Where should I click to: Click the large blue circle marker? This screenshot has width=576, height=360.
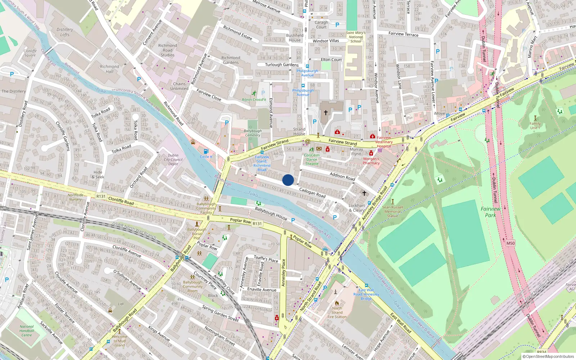288,180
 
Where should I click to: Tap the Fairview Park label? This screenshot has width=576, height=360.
490,212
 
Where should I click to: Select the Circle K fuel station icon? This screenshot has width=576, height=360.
206,151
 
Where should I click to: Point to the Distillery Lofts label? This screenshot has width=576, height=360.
65,32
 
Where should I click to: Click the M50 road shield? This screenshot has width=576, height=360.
510,243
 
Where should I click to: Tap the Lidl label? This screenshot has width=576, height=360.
121,304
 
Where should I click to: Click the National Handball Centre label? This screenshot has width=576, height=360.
27,331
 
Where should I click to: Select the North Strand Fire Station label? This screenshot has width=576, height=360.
337,312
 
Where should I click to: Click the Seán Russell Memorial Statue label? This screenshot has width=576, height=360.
392,211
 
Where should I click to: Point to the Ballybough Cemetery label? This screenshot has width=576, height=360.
253,133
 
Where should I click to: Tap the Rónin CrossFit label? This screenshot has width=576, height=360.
254,100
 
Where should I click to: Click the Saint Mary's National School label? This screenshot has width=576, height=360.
356,37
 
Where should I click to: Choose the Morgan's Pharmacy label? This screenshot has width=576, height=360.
371,161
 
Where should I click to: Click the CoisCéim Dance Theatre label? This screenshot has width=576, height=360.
312,159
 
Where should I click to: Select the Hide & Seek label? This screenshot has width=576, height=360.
98,175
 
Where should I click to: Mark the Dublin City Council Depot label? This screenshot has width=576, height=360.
173,159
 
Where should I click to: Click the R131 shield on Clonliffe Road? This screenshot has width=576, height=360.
101,197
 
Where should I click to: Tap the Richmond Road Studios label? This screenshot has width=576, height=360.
167,50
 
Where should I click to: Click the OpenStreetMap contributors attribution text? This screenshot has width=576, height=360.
550,356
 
